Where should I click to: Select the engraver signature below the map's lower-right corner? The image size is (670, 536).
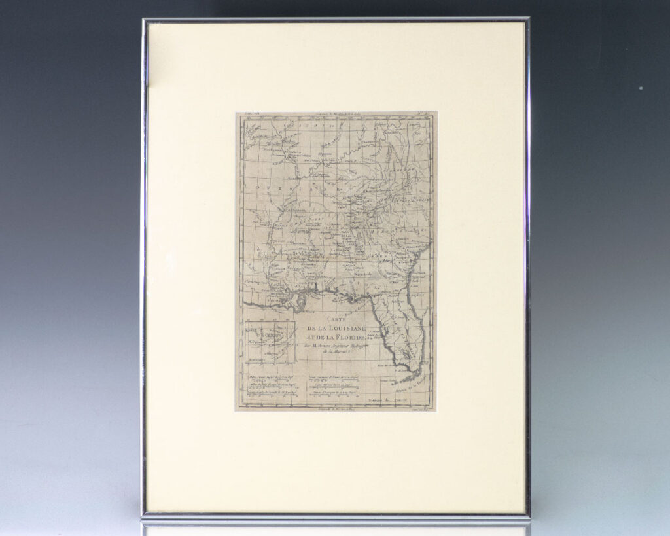(x=421, y=408)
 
